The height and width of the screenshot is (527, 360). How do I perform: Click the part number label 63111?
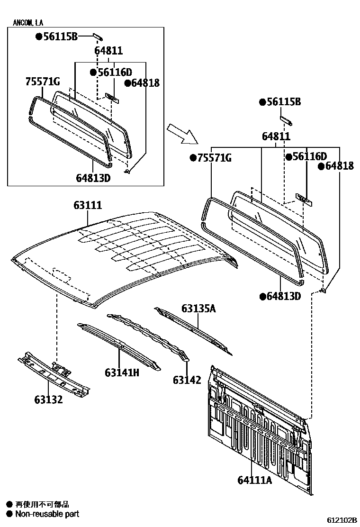(x=88, y=205)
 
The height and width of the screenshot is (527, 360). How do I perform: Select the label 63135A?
(x=198, y=309)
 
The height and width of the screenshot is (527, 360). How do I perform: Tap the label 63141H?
(x=122, y=373)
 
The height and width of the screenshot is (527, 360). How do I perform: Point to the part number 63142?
(x=187, y=380)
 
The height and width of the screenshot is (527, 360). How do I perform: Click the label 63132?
(x=48, y=400)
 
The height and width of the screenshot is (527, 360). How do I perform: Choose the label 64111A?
(x=255, y=480)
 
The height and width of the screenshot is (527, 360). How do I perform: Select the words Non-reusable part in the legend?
(x=47, y=514)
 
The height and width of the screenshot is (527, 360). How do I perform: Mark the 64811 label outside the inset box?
(x=276, y=136)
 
